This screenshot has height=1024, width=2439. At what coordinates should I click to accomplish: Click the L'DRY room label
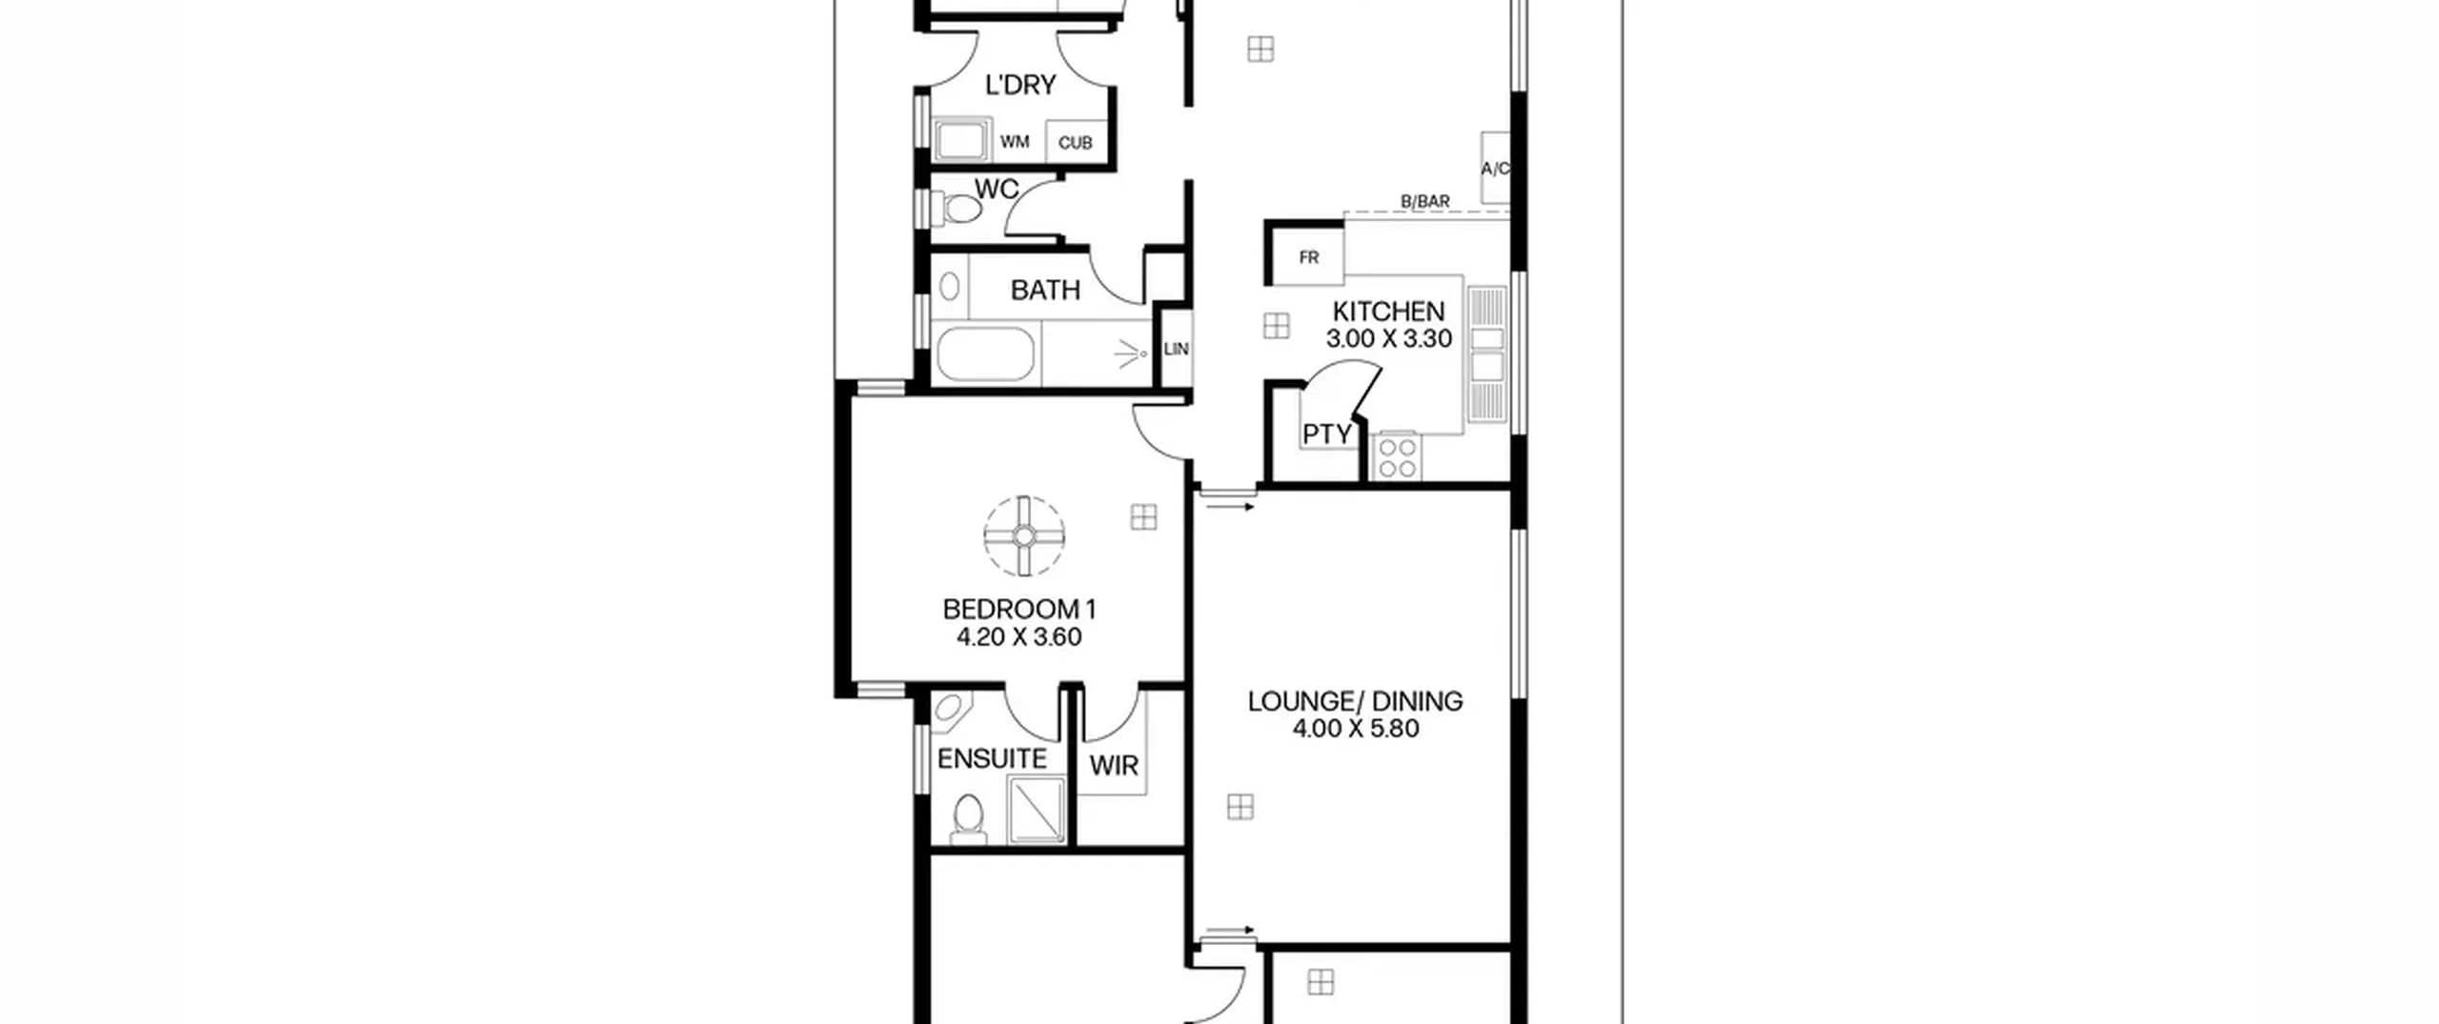[1020, 85]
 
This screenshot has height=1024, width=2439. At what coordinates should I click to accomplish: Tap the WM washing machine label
[1015, 142]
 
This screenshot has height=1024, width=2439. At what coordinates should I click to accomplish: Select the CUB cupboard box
[1077, 141]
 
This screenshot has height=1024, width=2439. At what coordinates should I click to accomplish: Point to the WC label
[997, 189]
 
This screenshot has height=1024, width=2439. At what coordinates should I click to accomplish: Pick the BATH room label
[1045, 290]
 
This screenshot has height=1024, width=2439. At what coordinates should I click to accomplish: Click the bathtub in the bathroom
[985, 354]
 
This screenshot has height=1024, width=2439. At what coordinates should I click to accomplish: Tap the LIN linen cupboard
[1176, 349]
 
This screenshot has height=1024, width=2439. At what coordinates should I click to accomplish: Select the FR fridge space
[1308, 257]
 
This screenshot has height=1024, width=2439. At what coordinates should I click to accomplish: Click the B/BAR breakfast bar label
[1425, 202]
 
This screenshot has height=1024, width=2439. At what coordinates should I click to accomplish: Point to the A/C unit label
[1495, 169]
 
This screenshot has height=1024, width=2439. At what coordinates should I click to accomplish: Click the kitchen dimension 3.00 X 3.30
[1389, 338]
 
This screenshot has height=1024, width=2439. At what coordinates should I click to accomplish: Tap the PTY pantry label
[1327, 434]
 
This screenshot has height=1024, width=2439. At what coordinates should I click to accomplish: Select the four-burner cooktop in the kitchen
[1397, 455]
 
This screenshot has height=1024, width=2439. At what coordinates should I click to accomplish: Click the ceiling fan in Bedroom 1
[1024, 536]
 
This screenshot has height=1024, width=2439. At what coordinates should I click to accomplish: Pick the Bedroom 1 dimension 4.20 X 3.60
[1019, 636]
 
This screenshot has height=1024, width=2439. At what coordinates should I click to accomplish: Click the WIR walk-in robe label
[1114, 765]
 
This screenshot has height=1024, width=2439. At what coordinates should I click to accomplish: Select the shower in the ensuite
[1037, 810]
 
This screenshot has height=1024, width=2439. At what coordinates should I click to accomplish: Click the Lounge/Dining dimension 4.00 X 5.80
[1356, 729]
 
